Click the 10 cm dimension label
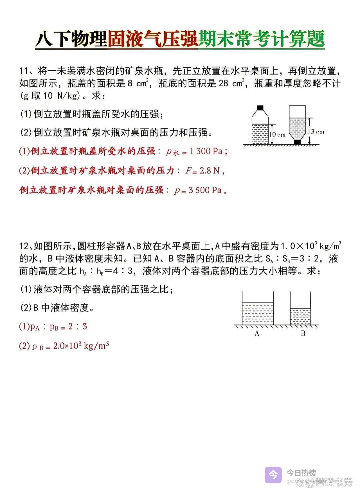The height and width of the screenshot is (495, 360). pos(277,135)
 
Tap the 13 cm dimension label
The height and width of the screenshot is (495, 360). pos(316,132)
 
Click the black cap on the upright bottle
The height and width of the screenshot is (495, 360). pos(260,108)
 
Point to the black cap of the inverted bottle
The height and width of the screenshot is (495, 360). pos(297,142)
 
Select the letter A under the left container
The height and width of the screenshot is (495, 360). pos(257,333)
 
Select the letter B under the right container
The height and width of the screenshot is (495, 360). pos(303,333)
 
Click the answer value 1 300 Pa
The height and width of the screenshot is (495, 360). pos(206,151)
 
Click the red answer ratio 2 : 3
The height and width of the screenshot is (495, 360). pos(78,326)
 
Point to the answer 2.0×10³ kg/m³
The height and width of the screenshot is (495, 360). pos(81,346)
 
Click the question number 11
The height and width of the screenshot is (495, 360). pos(24,71)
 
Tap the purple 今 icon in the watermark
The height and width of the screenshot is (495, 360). pos(273,474)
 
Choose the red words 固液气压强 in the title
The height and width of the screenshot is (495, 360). pos(153,39)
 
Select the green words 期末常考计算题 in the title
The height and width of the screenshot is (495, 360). pos(261,39)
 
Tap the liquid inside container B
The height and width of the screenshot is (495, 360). pos(300,316)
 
